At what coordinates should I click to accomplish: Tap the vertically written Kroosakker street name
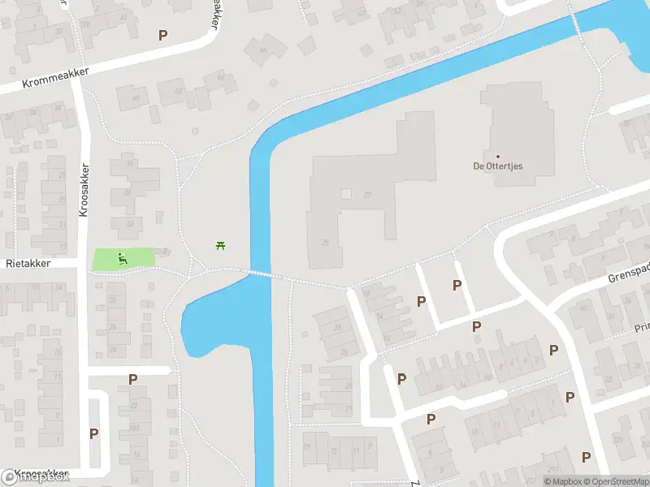pos(84,192)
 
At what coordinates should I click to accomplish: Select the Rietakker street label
pos(28,264)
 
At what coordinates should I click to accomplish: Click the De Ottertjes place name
pos(498,166)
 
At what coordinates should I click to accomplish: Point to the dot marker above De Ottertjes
pos(498,156)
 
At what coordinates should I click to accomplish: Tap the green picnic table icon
pos(219,244)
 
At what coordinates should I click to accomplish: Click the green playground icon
pos(122,259)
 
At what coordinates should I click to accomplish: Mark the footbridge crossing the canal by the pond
pos(258,274)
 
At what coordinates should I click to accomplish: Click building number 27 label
pos(368,195)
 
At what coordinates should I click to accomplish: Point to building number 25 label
pos(325,242)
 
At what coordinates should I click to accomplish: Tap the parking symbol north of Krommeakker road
pos(163,35)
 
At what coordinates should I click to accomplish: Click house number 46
pos(262,50)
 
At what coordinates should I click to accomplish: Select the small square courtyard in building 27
pos(346,195)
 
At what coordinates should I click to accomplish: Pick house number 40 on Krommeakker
pos(135,99)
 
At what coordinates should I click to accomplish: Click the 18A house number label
pos(135,427)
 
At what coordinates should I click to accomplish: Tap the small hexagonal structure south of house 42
pos(194,131)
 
